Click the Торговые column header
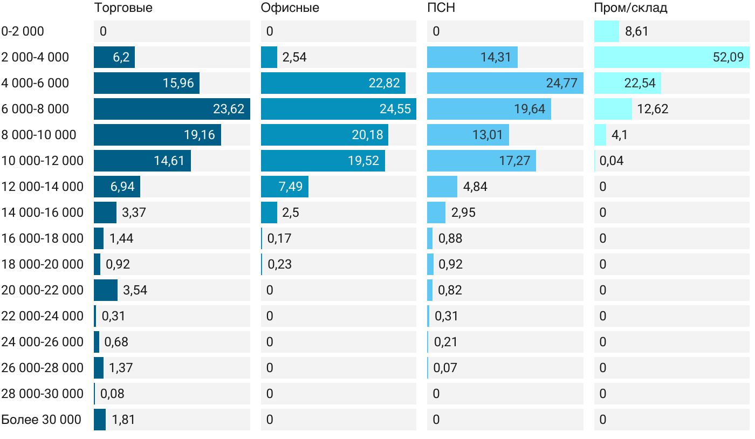[123, 8]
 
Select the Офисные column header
[290, 8]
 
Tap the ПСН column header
[437, 8]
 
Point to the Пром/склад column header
[630, 8]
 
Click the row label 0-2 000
[23, 31]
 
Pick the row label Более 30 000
[41, 420]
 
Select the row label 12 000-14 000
[42, 187]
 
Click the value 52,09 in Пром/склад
[728, 57]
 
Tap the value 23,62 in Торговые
[229, 109]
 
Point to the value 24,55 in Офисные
[395, 109]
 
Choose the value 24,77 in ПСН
[561, 83]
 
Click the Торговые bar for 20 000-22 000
[106, 290]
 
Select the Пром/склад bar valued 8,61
[607, 31]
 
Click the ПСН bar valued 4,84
[442, 187]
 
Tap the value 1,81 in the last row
[123, 420]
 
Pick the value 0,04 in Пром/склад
[611, 161]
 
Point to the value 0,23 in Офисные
[279, 264]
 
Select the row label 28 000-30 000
[42, 394]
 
